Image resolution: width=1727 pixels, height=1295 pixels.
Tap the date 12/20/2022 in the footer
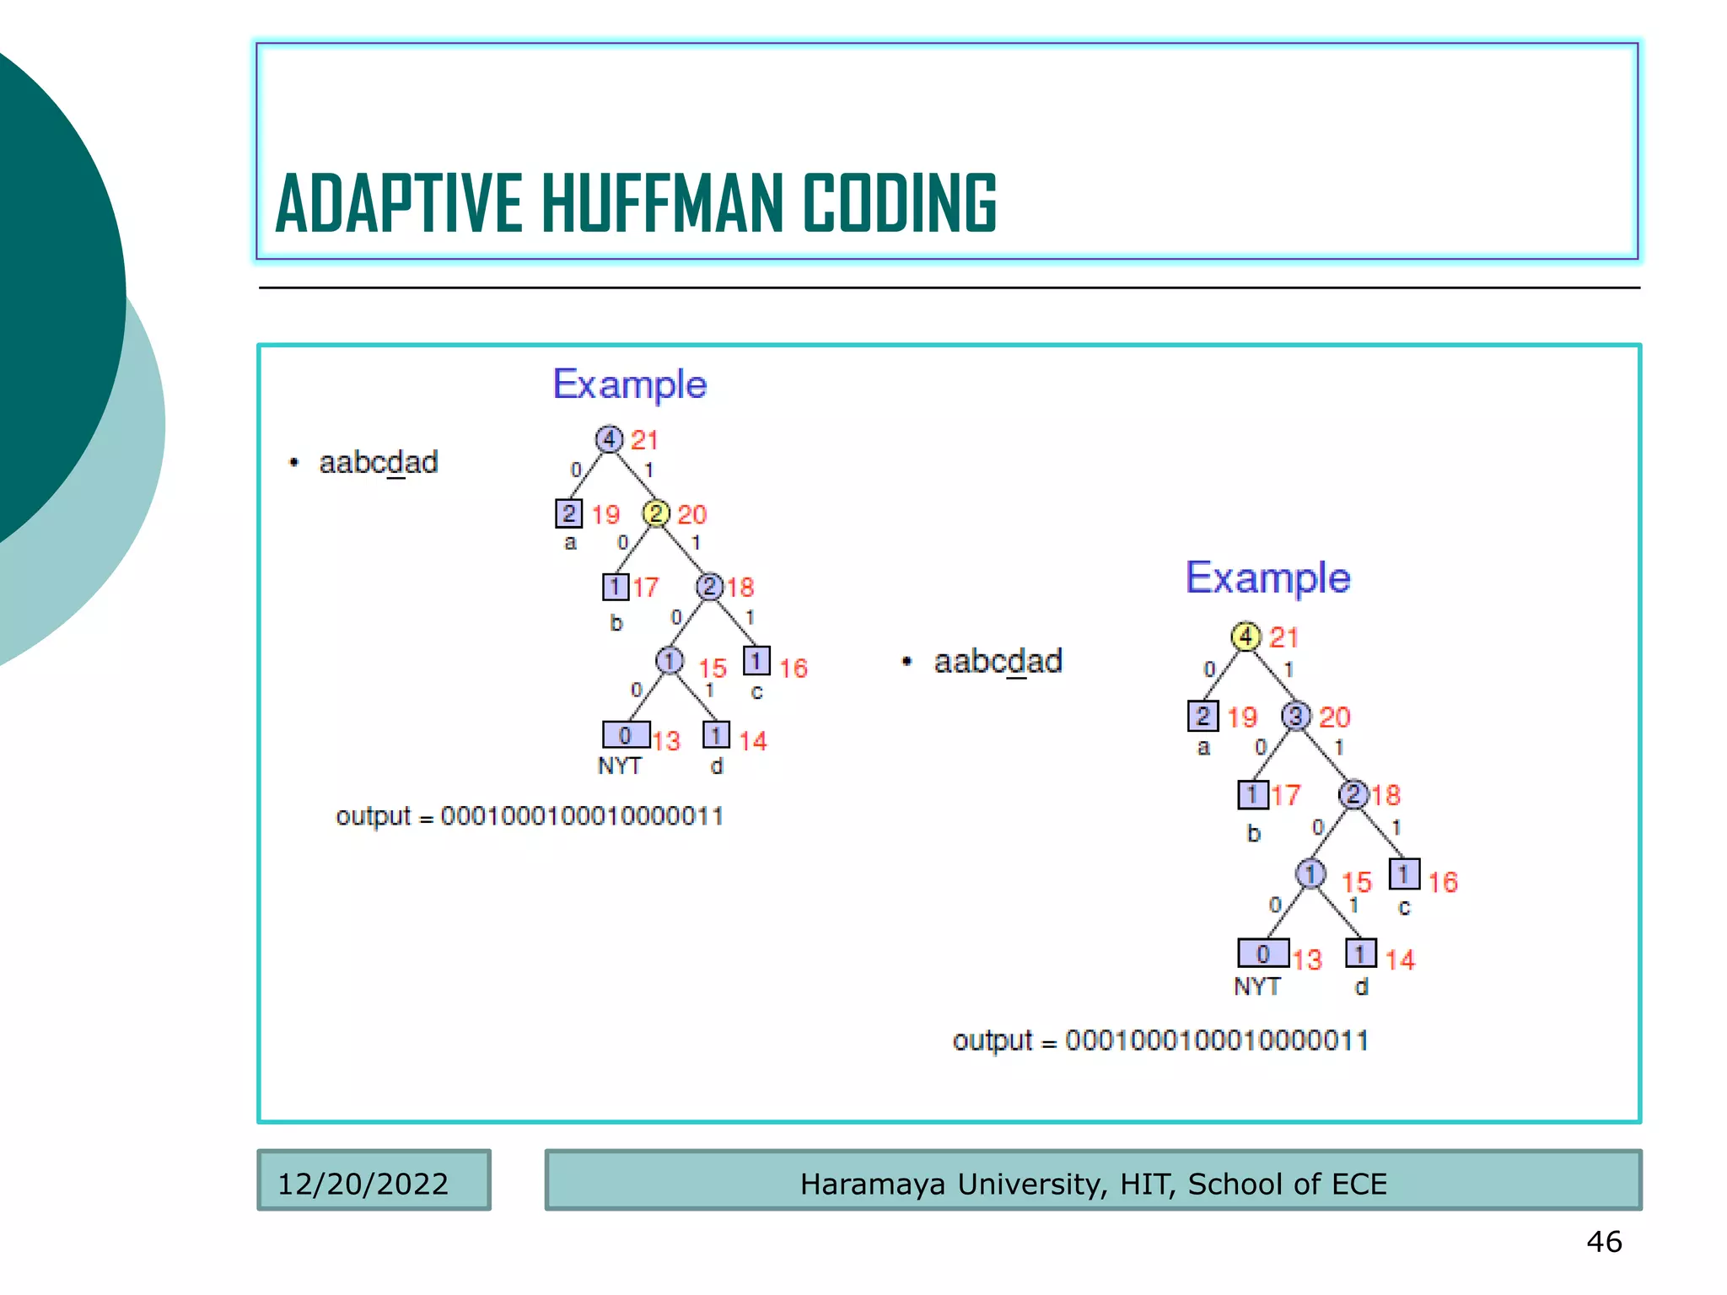click(363, 1184)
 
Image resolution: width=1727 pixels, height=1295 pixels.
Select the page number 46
click(1604, 1241)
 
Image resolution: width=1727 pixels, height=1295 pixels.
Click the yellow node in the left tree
click(655, 513)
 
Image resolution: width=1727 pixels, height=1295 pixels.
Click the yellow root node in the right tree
click(1245, 637)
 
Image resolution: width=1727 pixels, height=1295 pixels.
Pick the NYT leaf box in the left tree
click(626, 735)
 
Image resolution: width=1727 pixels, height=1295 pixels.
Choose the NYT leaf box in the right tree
click(1262, 954)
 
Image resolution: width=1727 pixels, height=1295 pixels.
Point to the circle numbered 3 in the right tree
click(1295, 716)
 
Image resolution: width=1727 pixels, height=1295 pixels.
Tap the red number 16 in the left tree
click(793, 668)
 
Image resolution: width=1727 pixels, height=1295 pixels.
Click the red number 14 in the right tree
click(1400, 959)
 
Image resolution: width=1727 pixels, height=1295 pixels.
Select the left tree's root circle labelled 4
click(609, 439)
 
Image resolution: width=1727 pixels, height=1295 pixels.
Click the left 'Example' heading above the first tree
click(629, 384)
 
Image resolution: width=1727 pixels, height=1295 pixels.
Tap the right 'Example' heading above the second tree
click(1267, 578)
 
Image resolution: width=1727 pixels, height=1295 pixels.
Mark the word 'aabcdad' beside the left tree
click(378, 462)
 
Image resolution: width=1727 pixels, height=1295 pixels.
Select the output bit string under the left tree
click(582, 816)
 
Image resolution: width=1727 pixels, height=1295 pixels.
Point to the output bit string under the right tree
click(1216, 1040)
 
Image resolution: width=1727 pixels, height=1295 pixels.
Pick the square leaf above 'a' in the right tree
click(1202, 716)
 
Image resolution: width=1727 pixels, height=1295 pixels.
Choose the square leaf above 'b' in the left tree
click(615, 587)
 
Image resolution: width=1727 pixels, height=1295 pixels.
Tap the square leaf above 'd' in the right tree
click(1360, 954)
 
